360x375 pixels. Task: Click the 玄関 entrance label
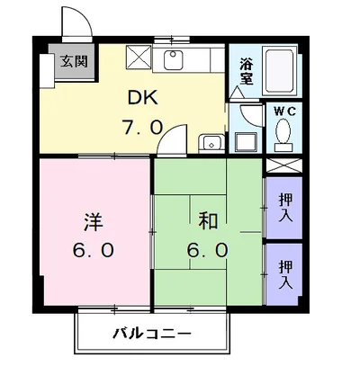(74, 61)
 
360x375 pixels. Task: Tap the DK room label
(143, 97)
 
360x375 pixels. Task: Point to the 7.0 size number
(142, 127)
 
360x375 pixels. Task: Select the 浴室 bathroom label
(247, 71)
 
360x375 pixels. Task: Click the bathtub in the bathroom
(280, 71)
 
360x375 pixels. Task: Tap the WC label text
(284, 112)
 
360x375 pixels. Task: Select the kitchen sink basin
(174, 60)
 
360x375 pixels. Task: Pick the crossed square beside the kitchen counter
(139, 58)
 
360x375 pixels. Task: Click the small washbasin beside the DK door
(211, 142)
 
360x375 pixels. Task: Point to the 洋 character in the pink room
(94, 222)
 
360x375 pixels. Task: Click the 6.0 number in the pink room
(93, 250)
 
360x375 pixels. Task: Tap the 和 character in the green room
(208, 222)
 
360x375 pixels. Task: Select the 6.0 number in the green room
(208, 250)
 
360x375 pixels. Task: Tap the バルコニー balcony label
(152, 334)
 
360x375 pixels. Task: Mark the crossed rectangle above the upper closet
(283, 165)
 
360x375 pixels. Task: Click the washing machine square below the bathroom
(246, 142)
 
